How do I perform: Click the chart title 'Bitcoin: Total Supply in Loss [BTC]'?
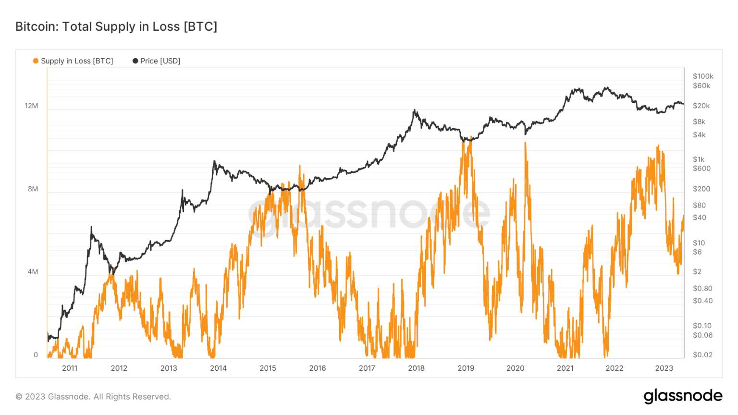116,26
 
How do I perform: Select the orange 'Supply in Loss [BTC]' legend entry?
73,61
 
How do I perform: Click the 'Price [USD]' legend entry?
157,61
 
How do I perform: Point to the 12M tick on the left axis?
31,106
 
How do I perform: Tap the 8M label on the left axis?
33,189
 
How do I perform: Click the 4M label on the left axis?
33,272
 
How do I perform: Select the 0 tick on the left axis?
36,355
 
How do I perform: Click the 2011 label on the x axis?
70,368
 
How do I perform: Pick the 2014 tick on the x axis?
218,368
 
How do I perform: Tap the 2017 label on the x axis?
367,368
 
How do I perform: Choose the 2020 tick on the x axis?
515,368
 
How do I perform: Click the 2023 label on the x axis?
664,368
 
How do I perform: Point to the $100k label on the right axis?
703,76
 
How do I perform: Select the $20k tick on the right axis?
701,106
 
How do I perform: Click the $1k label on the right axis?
699,159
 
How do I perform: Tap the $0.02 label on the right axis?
702,355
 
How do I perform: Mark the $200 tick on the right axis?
701,189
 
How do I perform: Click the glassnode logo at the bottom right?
683,396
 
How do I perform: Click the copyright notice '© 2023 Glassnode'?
93,397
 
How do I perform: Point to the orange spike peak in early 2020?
525,143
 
